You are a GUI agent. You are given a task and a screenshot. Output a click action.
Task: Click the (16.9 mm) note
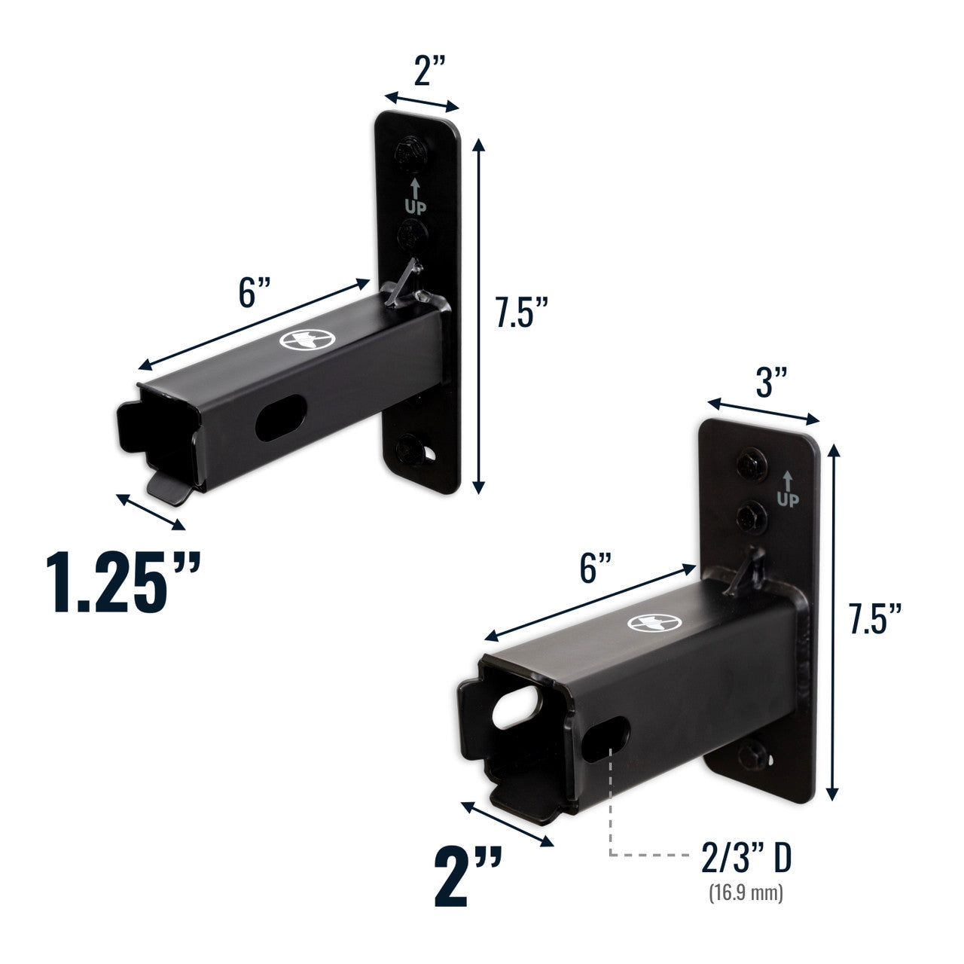pos(746,894)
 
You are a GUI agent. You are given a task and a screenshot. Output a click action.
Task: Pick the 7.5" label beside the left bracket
pos(520,313)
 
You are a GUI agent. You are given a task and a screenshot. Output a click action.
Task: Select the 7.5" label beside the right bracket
pos(874,618)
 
